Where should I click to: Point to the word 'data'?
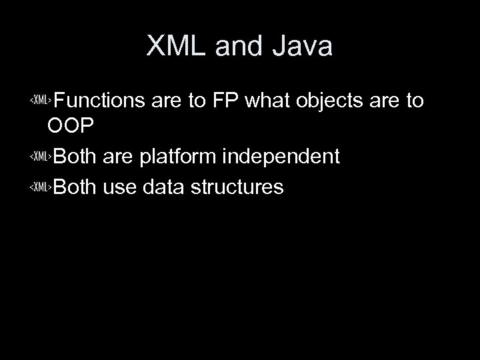[x=163, y=187]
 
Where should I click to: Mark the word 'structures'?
[x=237, y=187]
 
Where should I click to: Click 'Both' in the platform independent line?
[x=75, y=157]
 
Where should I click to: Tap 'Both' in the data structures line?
[x=75, y=187]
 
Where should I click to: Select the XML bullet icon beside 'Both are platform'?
[x=41, y=157]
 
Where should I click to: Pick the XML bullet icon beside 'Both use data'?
[x=41, y=188]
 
